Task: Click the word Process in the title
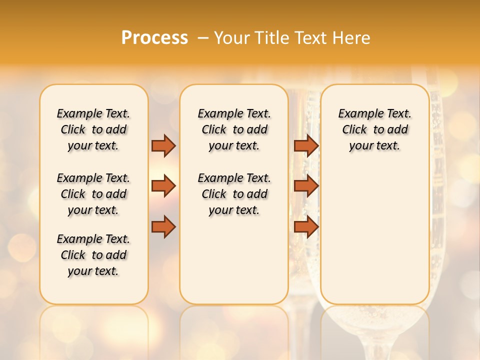point(154,38)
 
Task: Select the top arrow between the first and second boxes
point(163,145)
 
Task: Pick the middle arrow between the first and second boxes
point(163,186)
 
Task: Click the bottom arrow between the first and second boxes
point(163,227)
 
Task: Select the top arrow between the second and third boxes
point(306,145)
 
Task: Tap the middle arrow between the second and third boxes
point(306,186)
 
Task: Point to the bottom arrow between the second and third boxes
point(306,227)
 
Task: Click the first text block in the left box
point(93,129)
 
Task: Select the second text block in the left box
point(93,194)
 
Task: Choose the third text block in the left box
point(93,255)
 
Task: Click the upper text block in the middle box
point(234,129)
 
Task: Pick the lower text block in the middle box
point(234,194)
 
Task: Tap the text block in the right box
point(375,129)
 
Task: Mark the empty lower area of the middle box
point(234,260)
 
